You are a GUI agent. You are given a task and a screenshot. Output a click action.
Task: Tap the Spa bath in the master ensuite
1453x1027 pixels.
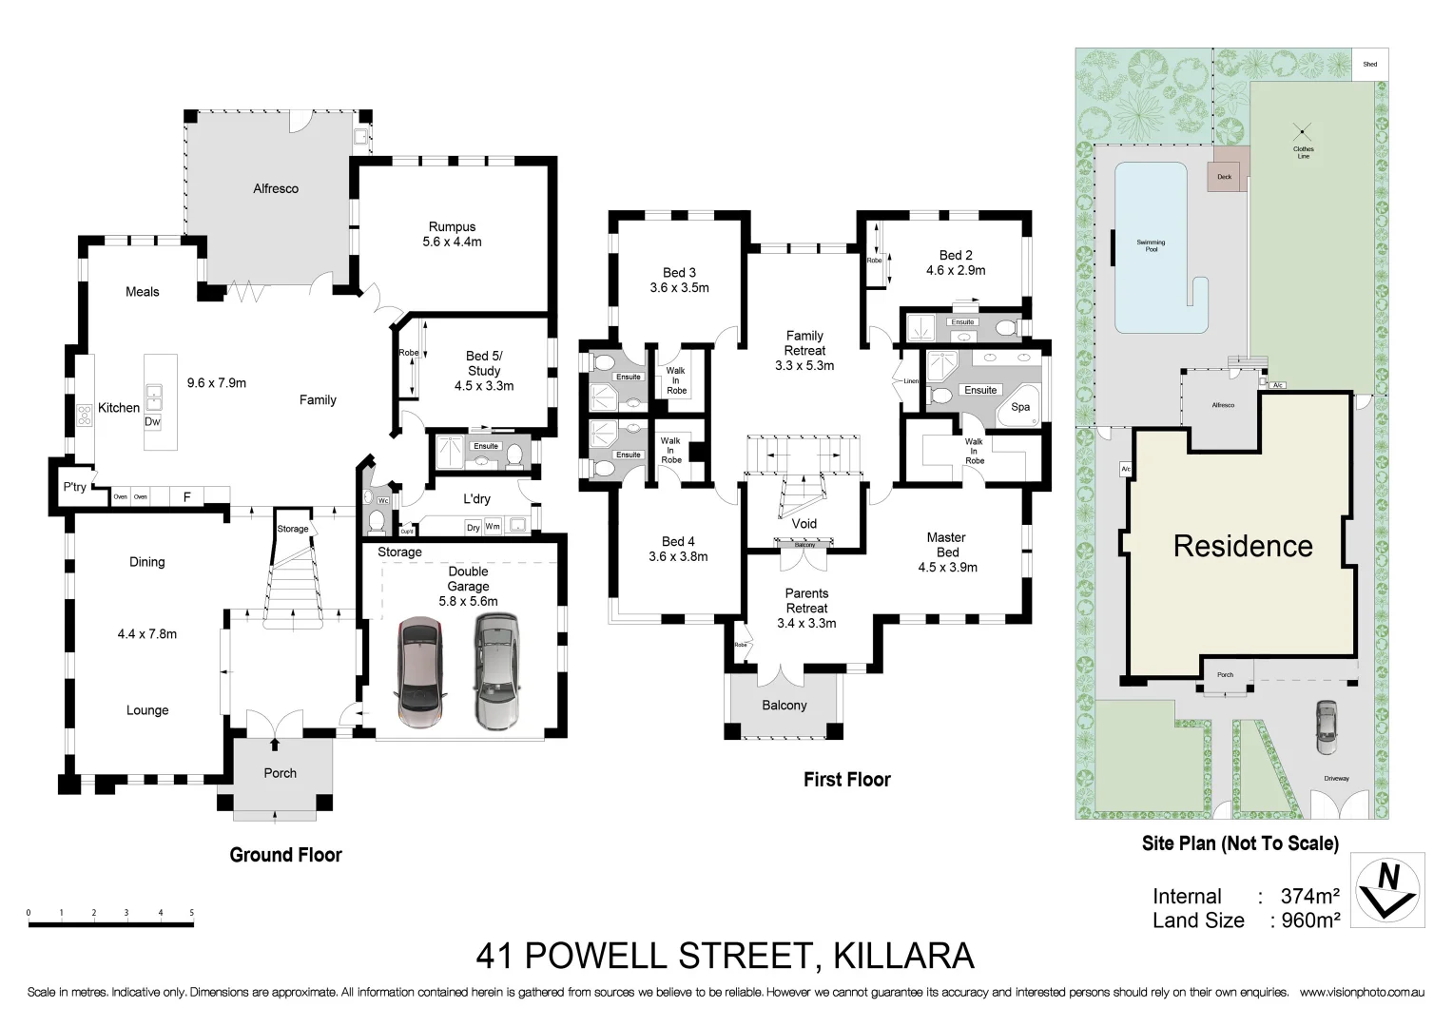(1019, 407)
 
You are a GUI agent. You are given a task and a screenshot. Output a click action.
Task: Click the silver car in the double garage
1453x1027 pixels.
(496, 670)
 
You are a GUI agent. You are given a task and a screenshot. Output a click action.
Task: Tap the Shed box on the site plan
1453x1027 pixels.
(1369, 65)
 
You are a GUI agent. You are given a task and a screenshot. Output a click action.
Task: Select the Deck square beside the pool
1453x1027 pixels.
(1225, 176)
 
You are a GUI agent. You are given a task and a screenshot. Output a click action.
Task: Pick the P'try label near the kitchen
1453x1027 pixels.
(74, 487)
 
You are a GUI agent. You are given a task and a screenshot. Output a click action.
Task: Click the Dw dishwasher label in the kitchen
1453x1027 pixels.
(152, 421)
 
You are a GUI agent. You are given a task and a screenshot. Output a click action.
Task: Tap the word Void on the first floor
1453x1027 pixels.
(804, 523)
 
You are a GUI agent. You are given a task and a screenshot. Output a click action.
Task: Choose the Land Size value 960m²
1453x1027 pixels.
(1309, 920)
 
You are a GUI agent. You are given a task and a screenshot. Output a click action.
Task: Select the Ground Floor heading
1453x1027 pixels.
(285, 855)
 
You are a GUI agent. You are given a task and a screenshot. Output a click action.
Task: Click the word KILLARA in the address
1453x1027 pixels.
(903, 955)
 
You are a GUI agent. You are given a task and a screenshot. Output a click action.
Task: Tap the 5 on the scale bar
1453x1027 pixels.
(192, 913)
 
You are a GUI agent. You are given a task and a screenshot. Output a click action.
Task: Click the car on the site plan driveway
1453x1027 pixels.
(1326, 727)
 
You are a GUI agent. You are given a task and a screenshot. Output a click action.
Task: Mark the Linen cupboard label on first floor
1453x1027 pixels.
(912, 381)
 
